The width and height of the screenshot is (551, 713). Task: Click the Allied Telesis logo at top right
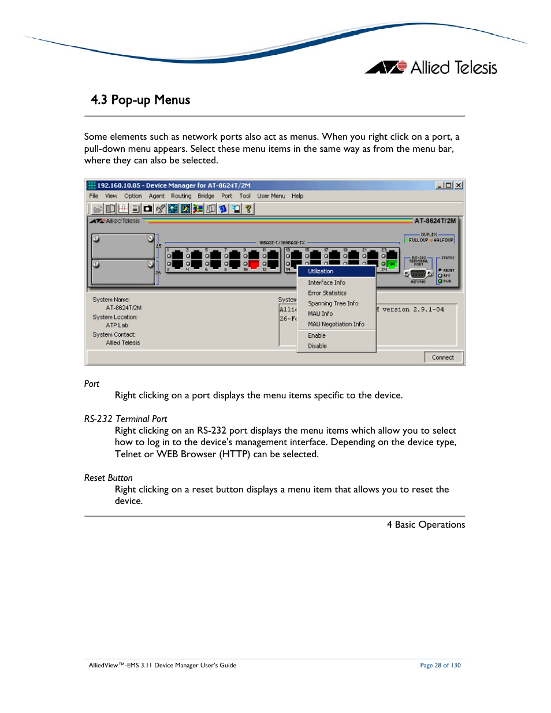[431, 68]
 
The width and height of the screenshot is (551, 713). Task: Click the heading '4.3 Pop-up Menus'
[140, 100]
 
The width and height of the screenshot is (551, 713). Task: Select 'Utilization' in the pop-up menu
[321, 271]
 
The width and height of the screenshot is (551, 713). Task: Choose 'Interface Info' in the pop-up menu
[326, 283]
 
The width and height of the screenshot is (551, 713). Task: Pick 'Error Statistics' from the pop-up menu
[327, 293]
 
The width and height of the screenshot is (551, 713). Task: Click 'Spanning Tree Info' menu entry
[333, 304]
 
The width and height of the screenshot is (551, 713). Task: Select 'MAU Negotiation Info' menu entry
[336, 324]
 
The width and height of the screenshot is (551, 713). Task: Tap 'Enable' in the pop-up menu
[317, 336]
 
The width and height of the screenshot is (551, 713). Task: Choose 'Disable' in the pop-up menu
[317, 346]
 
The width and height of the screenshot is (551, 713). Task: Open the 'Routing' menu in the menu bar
[181, 196]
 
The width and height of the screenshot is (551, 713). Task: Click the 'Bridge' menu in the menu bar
[206, 196]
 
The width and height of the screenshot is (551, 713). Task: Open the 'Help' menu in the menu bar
[297, 196]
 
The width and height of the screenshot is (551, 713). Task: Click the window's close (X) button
[458, 185]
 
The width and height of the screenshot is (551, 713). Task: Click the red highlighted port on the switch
[254, 264]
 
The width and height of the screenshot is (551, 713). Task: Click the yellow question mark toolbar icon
[248, 209]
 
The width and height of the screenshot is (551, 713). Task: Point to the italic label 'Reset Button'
[108, 478]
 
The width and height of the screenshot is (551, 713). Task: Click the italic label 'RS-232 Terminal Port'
[125, 419]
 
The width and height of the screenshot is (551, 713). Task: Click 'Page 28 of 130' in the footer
[440, 666]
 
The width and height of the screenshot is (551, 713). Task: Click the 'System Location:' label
[115, 318]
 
